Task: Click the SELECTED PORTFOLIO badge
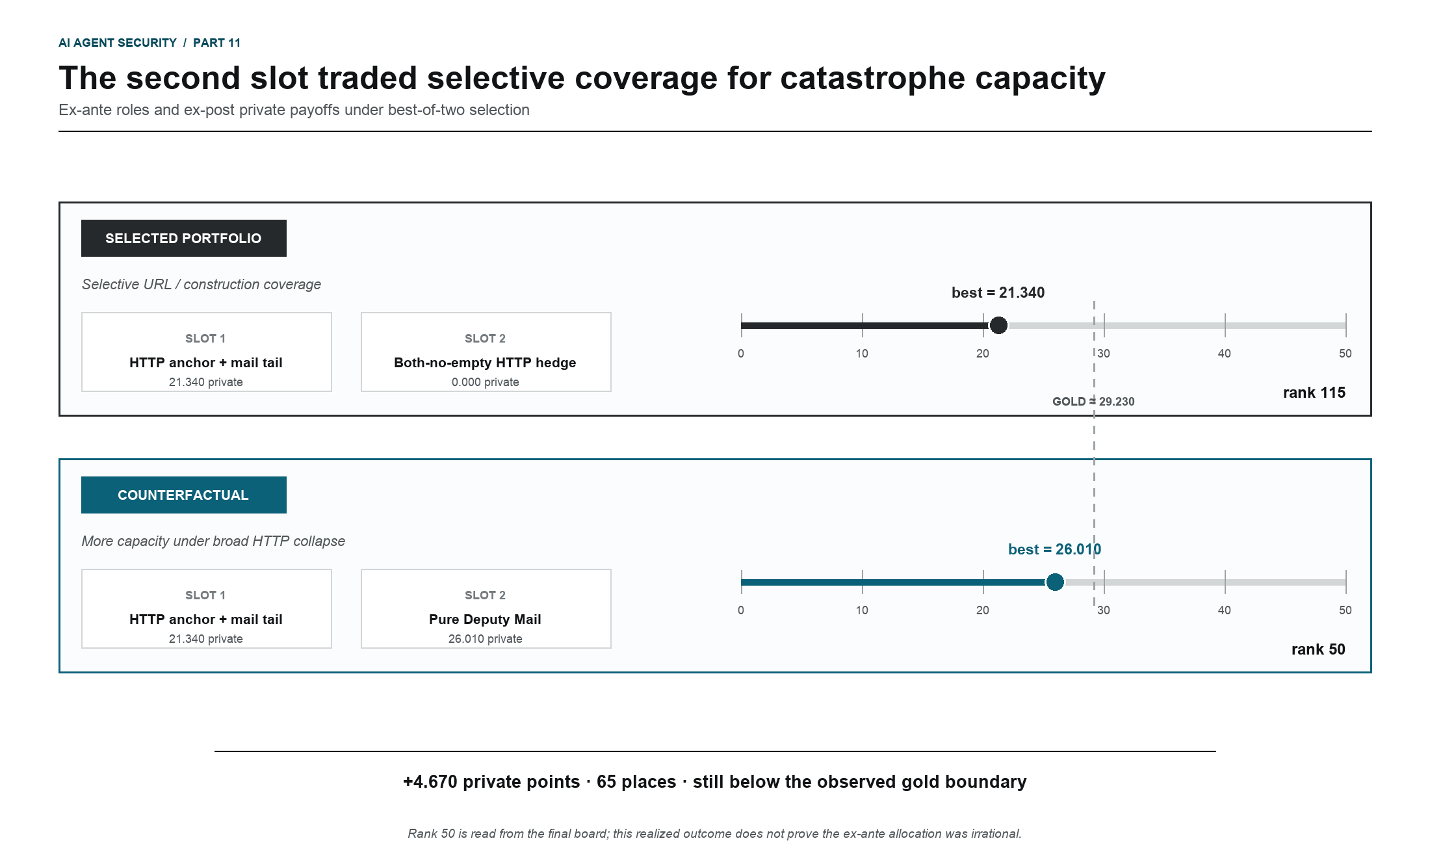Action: (183, 238)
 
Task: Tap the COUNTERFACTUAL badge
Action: (183, 495)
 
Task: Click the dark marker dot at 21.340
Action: (998, 325)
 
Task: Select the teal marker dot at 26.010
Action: (1055, 582)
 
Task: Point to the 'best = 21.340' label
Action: (998, 292)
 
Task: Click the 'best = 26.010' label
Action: (1054, 549)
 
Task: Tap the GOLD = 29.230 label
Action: (1093, 401)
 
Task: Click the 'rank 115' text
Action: (1314, 393)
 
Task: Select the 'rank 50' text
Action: (1318, 649)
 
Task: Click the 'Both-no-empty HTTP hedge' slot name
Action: (485, 363)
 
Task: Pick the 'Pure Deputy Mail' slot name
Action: (485, 619)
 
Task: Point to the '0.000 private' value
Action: (486, 382)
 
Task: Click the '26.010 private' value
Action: (486, 639)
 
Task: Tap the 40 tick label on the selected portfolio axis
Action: (1225, 354)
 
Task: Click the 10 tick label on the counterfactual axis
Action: (862, 610)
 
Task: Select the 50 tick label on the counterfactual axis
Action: (1345, 610)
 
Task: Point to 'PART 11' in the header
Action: (217, 43)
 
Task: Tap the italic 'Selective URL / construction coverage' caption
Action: (201, 285)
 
